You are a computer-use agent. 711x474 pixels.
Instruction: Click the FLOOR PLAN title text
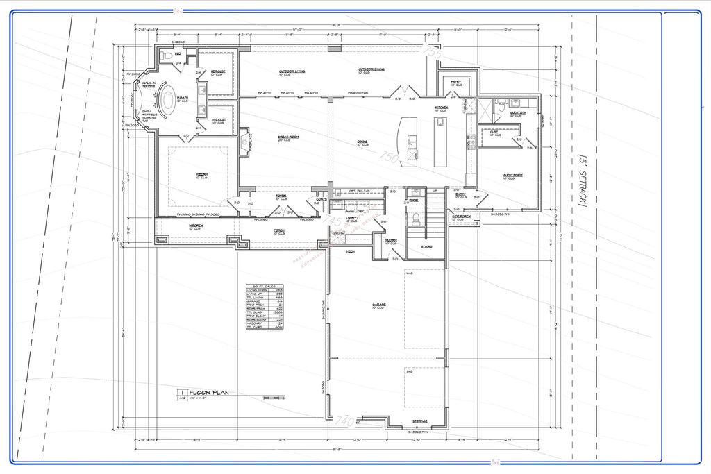point(209,393)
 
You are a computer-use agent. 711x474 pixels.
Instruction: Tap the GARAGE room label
point(378,305)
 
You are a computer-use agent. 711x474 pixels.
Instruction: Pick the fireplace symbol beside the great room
point(245,143)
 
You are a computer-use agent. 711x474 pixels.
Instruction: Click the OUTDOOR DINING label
point(373,69)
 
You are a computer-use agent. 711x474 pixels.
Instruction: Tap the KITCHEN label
point(442,108)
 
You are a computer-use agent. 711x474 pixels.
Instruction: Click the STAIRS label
point(427,246)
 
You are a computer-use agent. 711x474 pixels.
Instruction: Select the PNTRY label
point(455,82)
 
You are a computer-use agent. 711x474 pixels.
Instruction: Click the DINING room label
point(362,142)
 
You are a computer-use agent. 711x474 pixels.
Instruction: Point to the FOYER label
point(281,196)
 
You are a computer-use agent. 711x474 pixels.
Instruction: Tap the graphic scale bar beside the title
point(274,398)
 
